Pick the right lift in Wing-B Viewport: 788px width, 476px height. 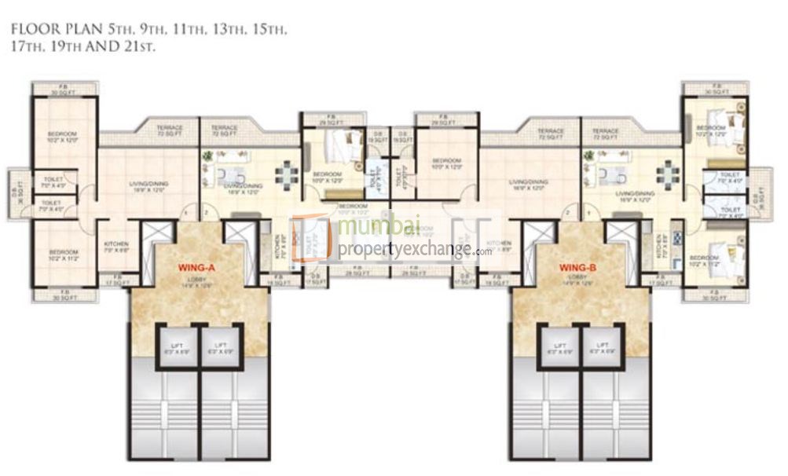(x=603, y=348)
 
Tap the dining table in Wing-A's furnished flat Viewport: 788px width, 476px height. (x=288, y=171)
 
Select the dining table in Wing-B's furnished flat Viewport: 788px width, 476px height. (x=668, y=171)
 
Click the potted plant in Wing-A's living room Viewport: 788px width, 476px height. (x=207, y=158)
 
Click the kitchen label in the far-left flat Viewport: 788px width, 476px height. (x=116, y=247)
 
